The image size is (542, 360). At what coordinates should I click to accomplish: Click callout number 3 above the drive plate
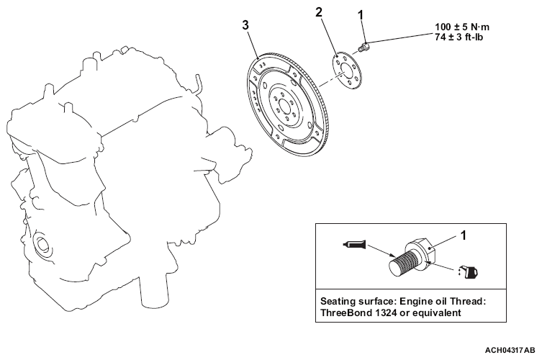coord(245,25)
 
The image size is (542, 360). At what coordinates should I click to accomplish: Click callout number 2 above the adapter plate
coord(319,12)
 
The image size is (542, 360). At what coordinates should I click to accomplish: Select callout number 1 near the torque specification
coord(361,15)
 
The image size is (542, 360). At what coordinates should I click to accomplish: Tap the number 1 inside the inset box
coord(464,235)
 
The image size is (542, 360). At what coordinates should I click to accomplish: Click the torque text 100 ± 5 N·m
coord(462,27)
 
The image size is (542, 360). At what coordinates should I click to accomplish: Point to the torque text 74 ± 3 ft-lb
coord(459,37)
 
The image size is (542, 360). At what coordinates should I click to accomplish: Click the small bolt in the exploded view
coord(363,47)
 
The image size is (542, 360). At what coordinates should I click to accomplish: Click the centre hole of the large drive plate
coord(284,107)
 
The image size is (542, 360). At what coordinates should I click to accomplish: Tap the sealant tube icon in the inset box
coord(353,245)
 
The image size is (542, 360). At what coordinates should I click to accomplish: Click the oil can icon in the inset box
coord(469,272)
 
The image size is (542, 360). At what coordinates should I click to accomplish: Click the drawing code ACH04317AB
coord(510,351)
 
